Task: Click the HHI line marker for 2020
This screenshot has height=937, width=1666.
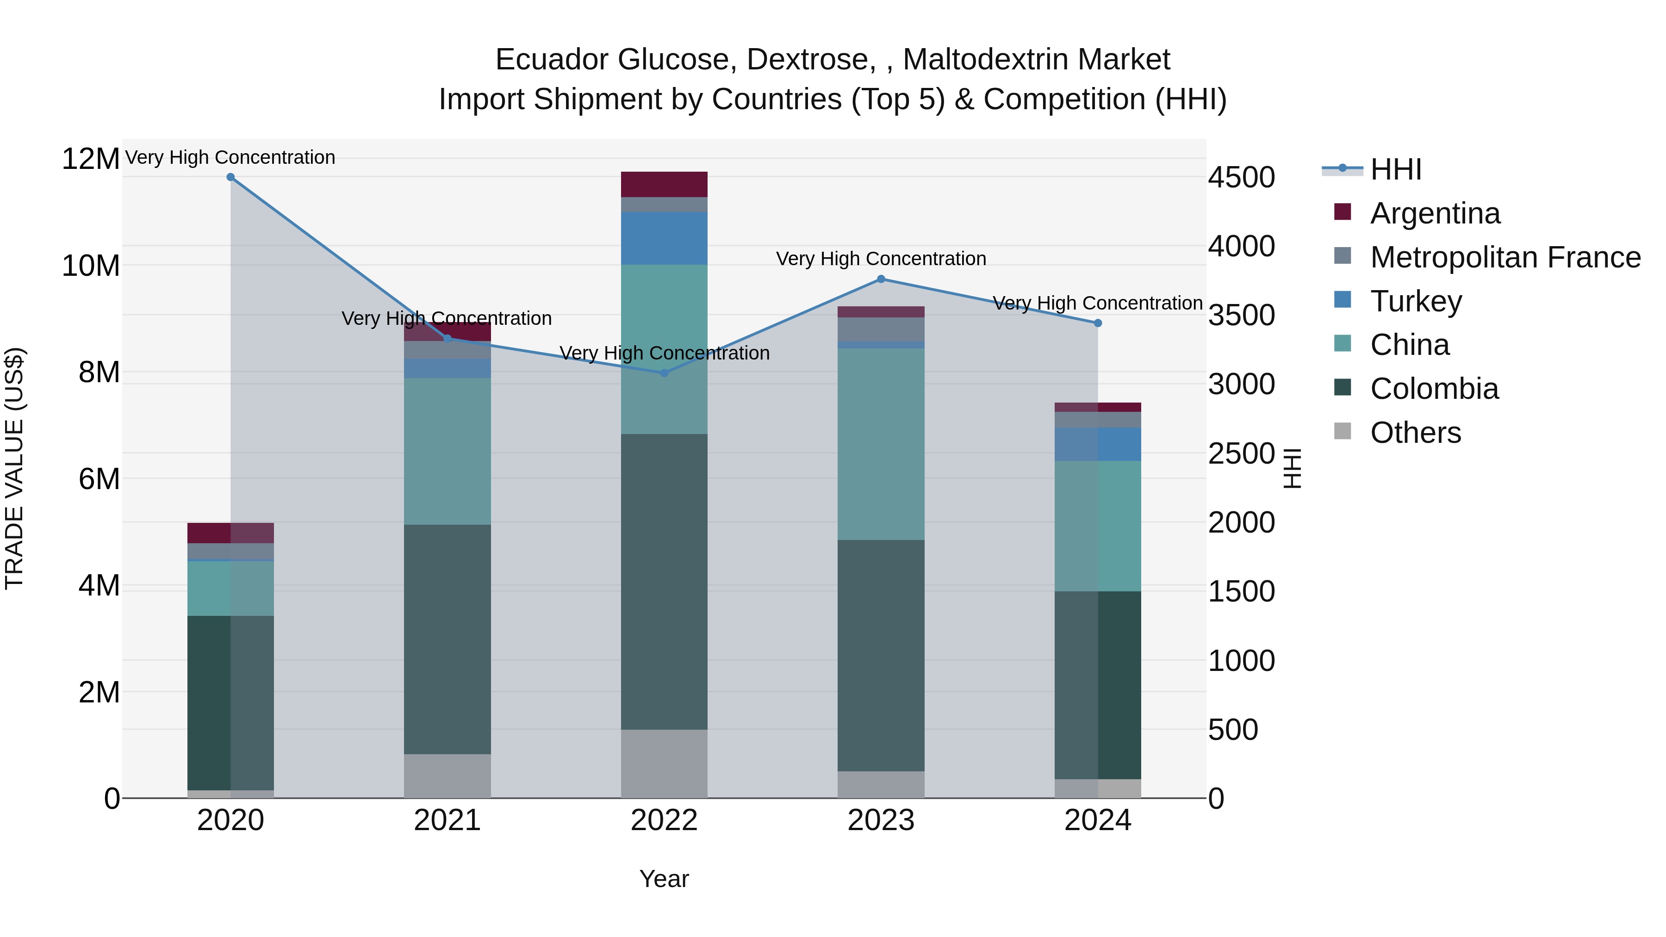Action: pos(230,177)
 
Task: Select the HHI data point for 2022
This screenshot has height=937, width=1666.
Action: pos(664,373)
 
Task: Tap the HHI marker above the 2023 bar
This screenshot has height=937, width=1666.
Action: pos(881,279)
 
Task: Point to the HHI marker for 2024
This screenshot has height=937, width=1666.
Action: pos(1098,323)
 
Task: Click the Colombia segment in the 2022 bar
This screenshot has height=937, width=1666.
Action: pos(664,582)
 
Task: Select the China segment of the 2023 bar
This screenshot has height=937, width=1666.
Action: pos(881,444)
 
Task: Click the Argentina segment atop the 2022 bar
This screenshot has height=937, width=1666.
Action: pos(664,184)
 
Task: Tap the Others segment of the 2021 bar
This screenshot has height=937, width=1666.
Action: pos(447,776)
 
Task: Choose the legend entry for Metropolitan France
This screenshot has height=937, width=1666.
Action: pos(1505,257)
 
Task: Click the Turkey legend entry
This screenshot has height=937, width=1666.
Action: pos(1416,301)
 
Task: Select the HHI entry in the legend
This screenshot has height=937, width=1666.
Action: pos(1396,169)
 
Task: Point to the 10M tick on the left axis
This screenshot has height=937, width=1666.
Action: pos(91,266)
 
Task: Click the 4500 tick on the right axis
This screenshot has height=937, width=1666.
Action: pos(1241,178)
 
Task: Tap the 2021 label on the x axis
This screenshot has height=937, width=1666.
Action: pos(447,820)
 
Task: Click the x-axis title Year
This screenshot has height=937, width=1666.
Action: pos(664,879)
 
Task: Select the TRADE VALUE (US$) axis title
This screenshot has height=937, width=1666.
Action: pos(14,468)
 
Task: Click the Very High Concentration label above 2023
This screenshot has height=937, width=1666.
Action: pos(881,259)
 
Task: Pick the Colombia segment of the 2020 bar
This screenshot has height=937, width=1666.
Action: pos(230,703)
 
